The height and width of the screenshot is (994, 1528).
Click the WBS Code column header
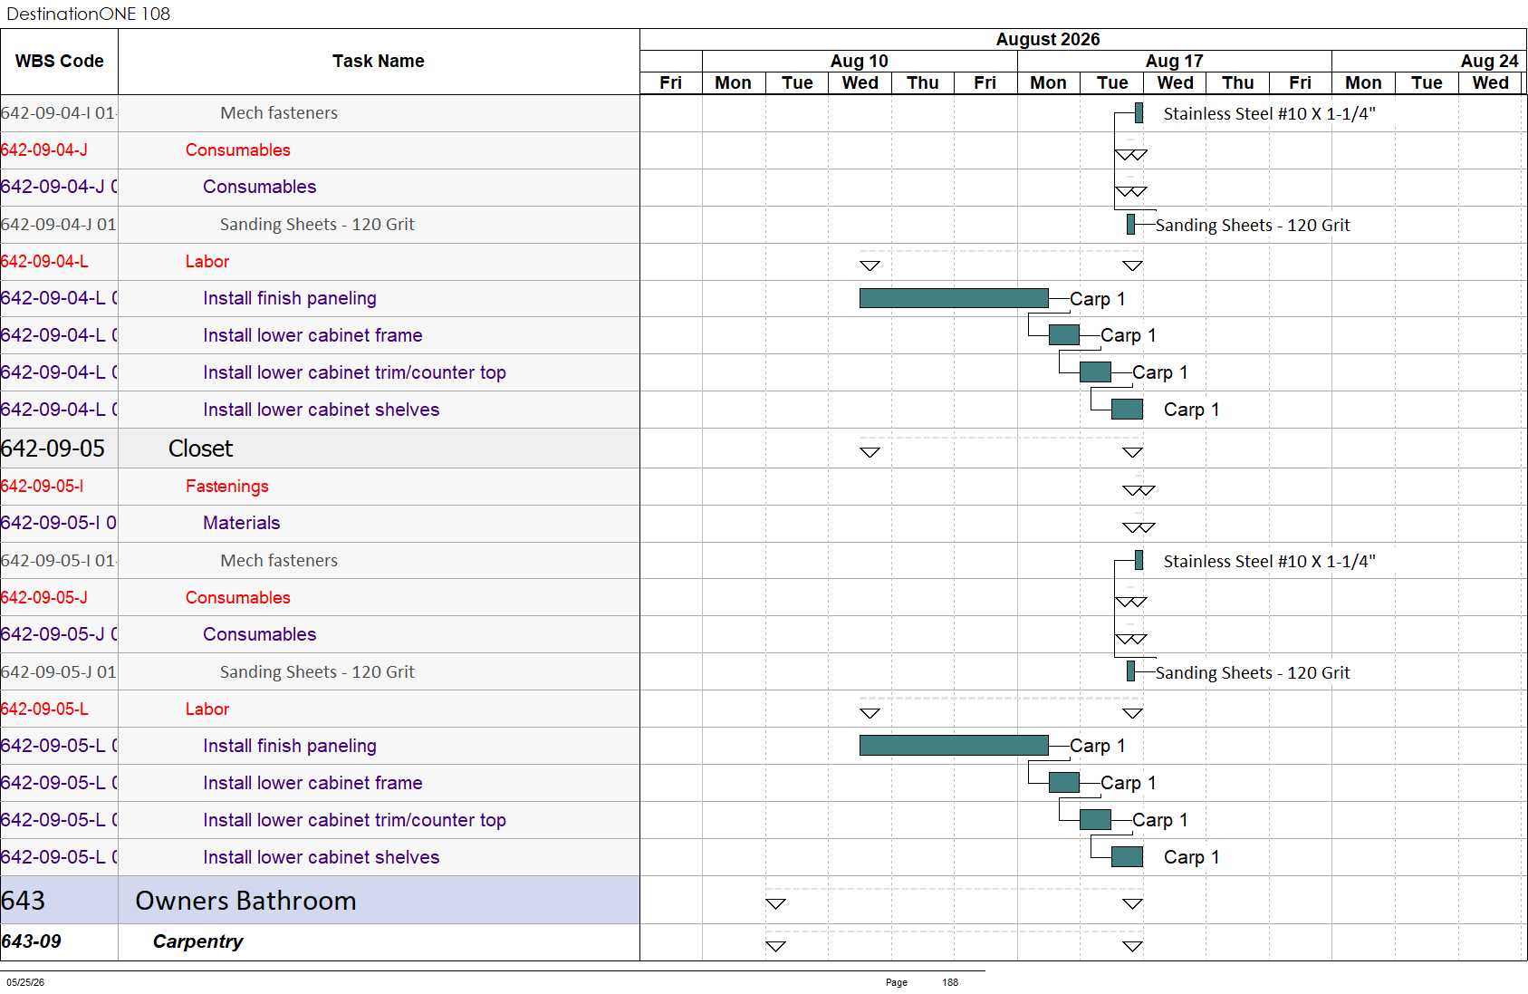click(x=60, y=61)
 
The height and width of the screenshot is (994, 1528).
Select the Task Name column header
click(x=378, y=61)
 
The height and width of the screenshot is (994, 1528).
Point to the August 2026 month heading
click(x=1048, y=39)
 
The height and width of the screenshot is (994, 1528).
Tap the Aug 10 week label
click(x=859, y=61)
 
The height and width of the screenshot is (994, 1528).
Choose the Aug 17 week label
click(x=1174, y=61)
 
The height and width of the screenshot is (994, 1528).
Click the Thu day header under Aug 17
click(x=1237, y=82)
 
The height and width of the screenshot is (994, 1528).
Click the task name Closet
click(x=200, y=449)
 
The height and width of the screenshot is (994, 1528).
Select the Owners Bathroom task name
click(x=245, y=901)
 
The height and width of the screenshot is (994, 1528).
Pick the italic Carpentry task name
click(x=197, y=941)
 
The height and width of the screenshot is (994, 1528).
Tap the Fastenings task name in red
click(x=227, y=487)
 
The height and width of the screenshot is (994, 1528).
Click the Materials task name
click(x=242, y=523)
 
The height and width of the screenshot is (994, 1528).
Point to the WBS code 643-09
click(x=32, y=941)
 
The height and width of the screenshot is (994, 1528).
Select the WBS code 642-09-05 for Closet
click(x=53, y=449)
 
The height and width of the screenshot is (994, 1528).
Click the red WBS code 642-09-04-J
click(x=43, y=150)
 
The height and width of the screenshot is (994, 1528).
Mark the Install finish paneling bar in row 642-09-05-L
click(x=954, y=745)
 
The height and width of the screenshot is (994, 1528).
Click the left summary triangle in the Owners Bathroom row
click(x=775, y=904)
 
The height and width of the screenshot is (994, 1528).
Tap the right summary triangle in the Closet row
click(x=1132, y=452)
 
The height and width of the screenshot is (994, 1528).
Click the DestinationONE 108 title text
click(x=88, y=14)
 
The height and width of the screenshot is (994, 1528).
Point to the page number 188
click(x=950, y=982)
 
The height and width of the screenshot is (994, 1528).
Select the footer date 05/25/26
click(x=25, y=982)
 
